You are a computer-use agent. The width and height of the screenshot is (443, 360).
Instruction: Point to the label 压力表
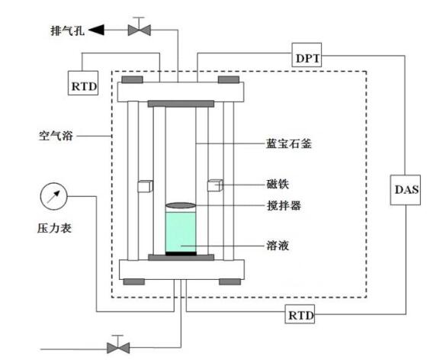click(54, 227)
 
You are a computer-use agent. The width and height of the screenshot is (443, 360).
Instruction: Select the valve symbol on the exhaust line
click(139, 30)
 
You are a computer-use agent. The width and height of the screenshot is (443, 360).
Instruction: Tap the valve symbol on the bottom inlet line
click(117, 346)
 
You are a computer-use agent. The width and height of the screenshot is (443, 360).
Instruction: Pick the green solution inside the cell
click(181, 231)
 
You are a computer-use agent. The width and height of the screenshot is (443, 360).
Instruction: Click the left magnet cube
click(145, 186)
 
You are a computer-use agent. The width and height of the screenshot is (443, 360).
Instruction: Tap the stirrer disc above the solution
click(181, 205)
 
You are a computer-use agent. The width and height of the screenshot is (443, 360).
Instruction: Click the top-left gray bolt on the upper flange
click(132, 79)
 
